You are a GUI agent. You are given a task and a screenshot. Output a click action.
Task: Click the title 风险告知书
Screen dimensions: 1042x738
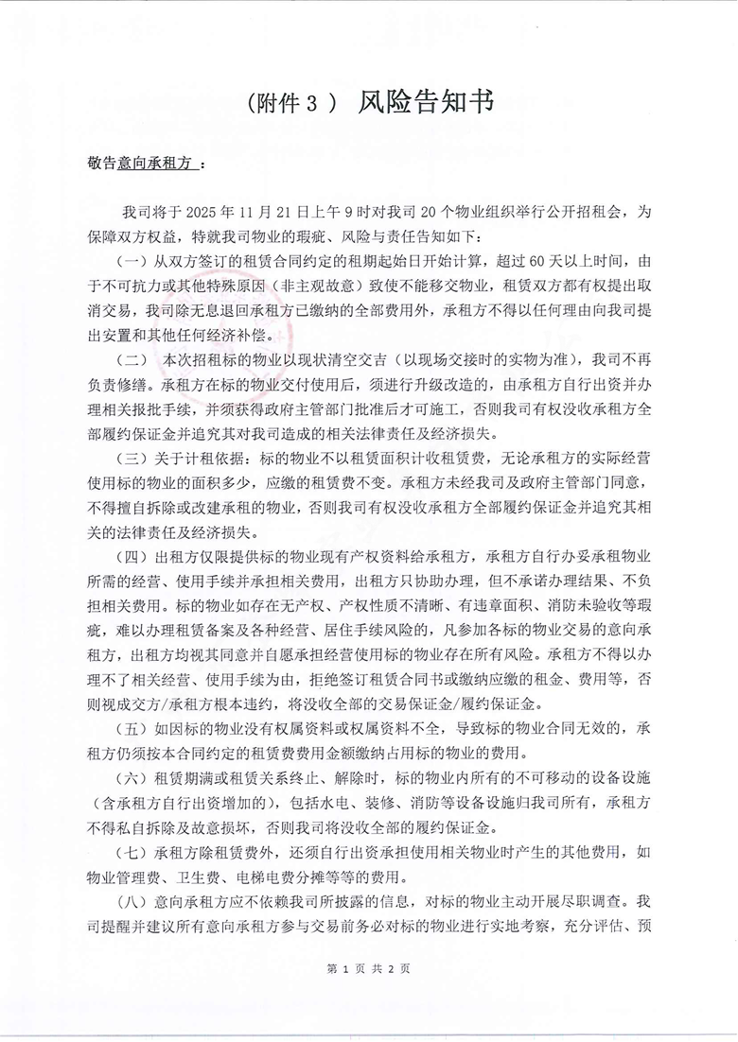coord(426,103)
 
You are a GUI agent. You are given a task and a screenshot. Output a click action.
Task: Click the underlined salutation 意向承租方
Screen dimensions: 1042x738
coord(155,164)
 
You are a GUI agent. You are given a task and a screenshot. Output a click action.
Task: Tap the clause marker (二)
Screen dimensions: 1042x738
coord(132,360)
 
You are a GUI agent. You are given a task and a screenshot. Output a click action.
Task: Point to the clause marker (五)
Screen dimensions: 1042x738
coord(132,728)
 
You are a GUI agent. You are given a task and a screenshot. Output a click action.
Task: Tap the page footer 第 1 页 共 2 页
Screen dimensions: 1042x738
coord(368,968)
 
